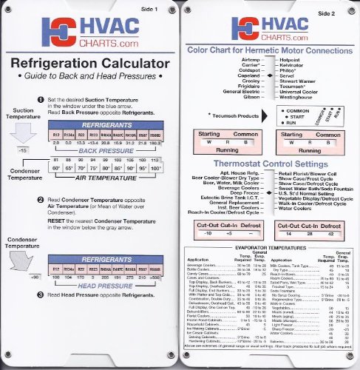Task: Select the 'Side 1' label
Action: [161, 6]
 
